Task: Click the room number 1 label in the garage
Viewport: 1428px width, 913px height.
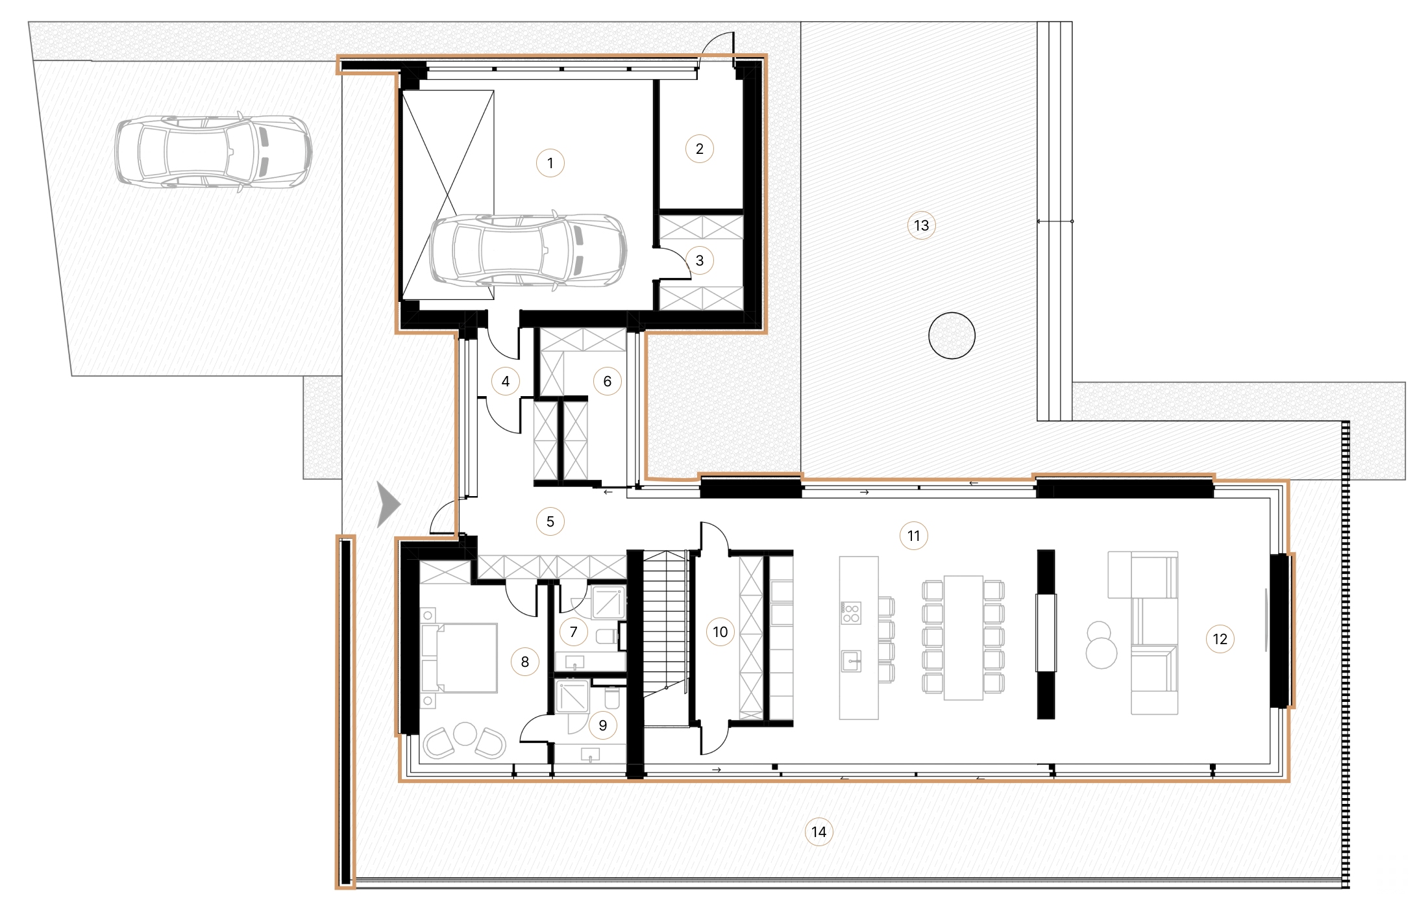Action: coord(550,163)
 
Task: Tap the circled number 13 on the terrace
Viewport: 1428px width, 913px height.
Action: coord(921,225)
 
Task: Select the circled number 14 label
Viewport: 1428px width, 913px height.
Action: coord(819,832)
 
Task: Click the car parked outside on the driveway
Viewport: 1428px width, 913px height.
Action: coord(213,153)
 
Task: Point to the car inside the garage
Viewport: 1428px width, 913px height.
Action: coord(528,250)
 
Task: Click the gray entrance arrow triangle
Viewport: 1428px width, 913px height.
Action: coord(388,504)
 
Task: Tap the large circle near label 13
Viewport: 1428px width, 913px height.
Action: coord(952,336)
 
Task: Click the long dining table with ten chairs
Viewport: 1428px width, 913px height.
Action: coord(963,638)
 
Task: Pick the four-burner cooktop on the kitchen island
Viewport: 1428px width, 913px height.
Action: coord(851,612)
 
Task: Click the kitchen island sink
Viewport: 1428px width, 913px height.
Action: coord(851,662)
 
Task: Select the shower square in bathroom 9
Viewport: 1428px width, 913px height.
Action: coord(572,696)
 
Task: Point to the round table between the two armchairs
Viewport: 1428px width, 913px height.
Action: coord(465,734)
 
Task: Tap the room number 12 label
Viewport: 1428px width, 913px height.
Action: coord(1220,639)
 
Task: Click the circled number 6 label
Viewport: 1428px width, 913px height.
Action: coord(607,381)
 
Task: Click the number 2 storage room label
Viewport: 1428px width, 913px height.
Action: coord(699,149)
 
